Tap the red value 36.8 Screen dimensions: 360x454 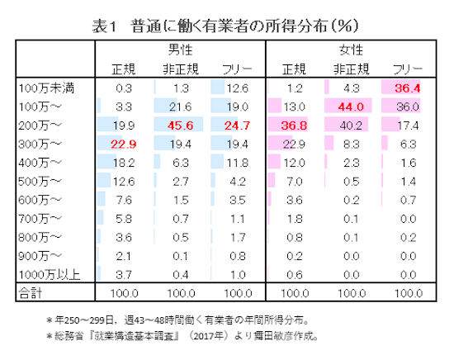(x=293, y=126)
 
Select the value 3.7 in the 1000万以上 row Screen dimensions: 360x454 (x=124, y=274)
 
